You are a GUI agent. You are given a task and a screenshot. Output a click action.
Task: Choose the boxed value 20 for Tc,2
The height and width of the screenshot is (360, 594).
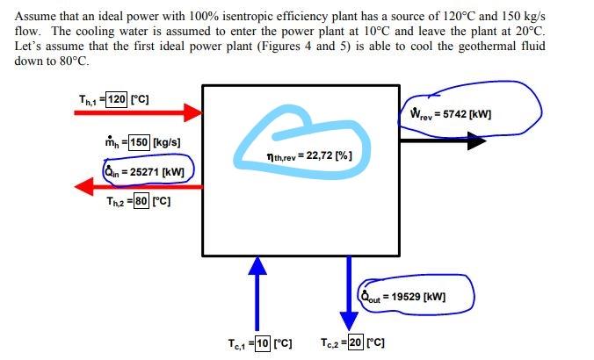355,342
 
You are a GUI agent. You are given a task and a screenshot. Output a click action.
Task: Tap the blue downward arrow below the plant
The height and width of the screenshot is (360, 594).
350,291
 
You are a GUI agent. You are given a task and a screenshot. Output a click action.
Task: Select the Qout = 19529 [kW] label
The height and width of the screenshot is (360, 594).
404,296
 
